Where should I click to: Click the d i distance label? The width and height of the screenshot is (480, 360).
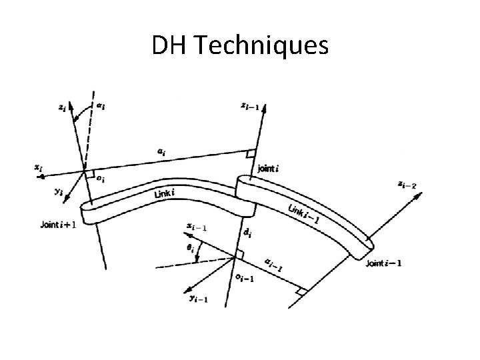[247, 233]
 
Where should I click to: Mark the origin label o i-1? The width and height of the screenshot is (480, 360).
[246, 277]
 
